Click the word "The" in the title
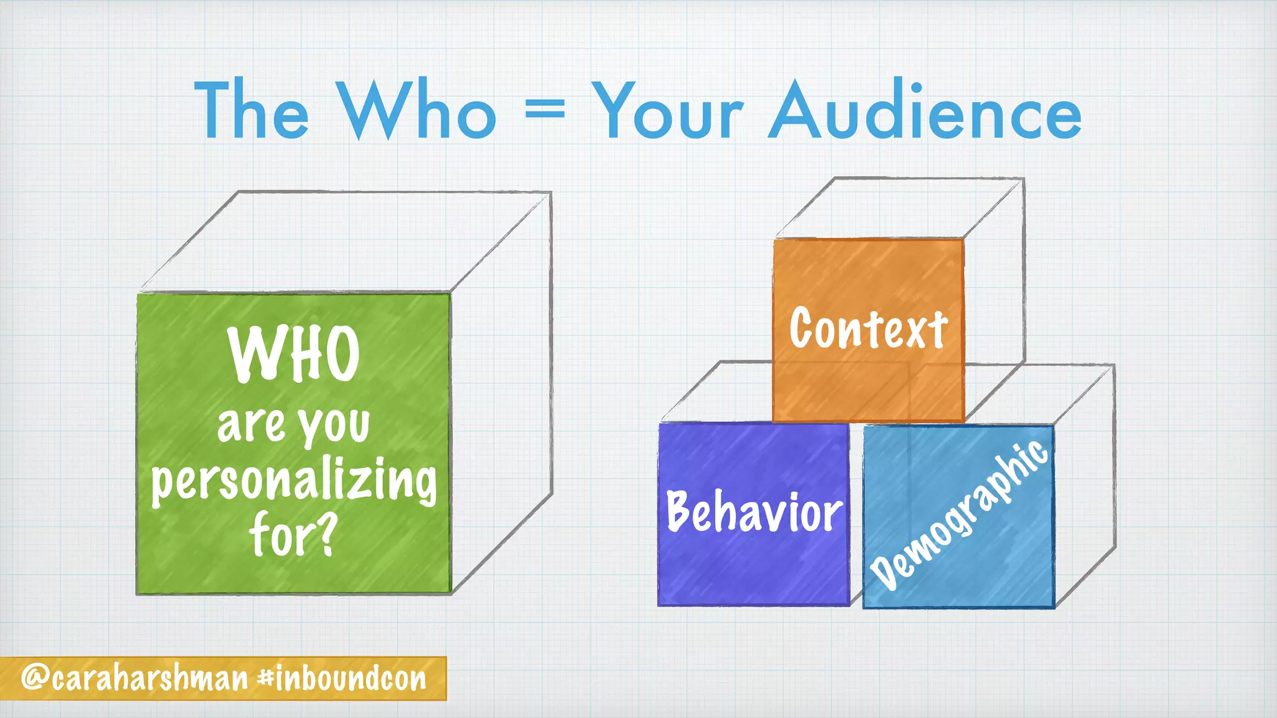point(251,111)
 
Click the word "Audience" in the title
point(925,111)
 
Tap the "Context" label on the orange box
point(868,328)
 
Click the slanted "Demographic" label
point(959,515)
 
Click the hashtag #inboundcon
point(342,678)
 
